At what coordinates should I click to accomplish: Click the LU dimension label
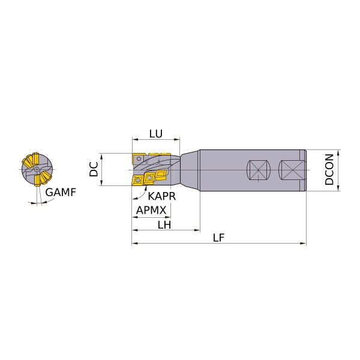click(156, 134)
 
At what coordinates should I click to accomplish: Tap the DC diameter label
click(94, 169)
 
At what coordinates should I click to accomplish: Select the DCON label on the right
click(329, 169)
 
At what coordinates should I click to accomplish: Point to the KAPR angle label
click(161, 196)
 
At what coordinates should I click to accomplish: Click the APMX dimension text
click(151, 210)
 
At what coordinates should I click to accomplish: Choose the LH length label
click(164, 225)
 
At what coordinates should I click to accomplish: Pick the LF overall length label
click(218, 238)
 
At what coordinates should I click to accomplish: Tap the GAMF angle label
click(61, 193)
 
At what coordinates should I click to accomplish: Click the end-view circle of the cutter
click(37, 169)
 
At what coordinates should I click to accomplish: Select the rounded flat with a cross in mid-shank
click(258, 170)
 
